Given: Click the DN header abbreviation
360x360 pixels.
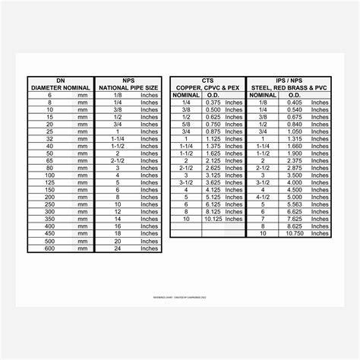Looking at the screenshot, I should tap(61, 80).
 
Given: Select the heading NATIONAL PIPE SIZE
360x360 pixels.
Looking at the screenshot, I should tap(128, 87).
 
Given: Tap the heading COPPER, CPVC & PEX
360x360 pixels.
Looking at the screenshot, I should tap(207, 87).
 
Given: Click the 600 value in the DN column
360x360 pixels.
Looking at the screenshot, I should tap(49, 248).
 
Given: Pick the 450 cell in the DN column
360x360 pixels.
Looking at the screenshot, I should tap(49, 233).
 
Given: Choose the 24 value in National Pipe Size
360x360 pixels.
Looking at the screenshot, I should tap(118, 248).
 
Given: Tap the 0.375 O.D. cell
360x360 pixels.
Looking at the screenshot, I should tap(213, 103).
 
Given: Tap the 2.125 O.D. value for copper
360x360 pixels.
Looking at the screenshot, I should tap(213, 161).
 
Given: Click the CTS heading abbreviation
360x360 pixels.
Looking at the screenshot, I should tap(207, 80).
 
